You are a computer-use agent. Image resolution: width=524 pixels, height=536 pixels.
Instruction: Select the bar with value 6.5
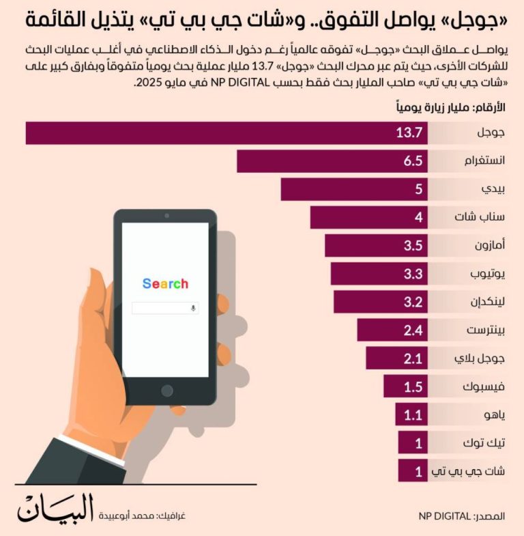[332, 162]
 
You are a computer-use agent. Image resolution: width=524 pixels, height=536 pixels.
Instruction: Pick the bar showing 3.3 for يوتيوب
[379, 274]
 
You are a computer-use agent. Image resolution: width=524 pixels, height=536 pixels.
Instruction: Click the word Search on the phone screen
[165, 283]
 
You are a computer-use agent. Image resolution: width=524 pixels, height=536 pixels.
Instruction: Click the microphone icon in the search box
[193, 308]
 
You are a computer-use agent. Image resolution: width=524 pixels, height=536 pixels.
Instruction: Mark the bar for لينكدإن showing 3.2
[380, 302]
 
